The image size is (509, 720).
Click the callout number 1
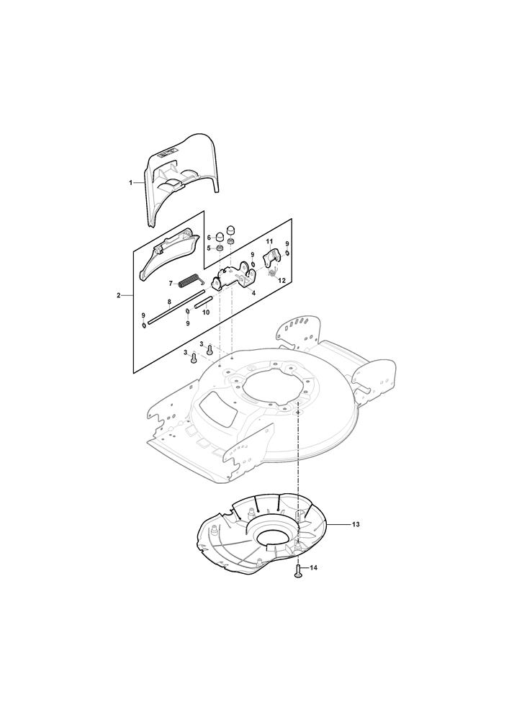[x=131, y=182]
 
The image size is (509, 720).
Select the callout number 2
[x=118, y=295]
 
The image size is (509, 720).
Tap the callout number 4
[x=253, y=292]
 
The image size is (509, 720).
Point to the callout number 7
[x=171, y=283]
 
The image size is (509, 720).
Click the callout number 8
[x=169, y=302]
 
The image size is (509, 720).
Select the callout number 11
[x=269, y=241]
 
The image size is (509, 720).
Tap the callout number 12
[x=281, y=280]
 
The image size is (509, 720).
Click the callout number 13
[x=356, y=524]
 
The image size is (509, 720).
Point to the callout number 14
[x=313, y=567]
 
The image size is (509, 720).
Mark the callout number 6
[x=208, y=238]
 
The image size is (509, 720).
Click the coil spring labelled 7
[x=188, y=281]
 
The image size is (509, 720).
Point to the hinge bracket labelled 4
[x=233, y=276]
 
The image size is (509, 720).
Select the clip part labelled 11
[x=271, y=258]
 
